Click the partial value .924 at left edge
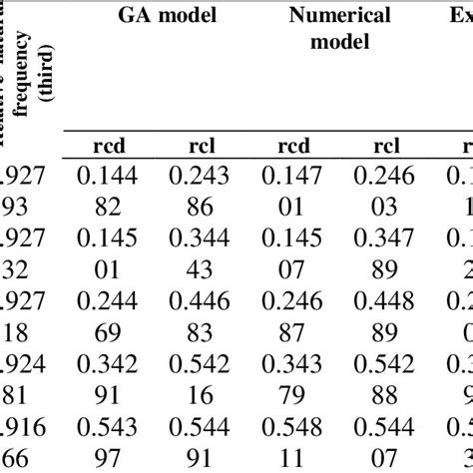tap(21, 371)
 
